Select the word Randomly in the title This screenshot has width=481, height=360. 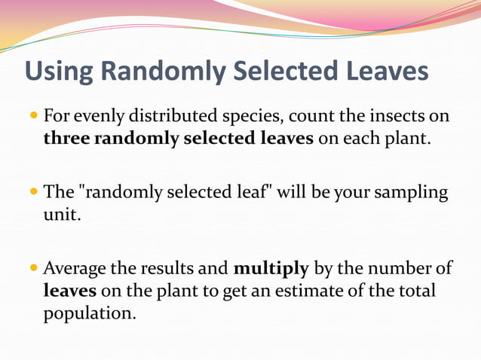coord(162,72)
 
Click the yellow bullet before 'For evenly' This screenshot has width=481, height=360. coord(34,117)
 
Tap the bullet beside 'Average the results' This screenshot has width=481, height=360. coord(34,268)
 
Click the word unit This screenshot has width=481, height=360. coord(59,215)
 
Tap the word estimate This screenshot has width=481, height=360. coord(316,291)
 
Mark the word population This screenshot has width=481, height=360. coord(89,313)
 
